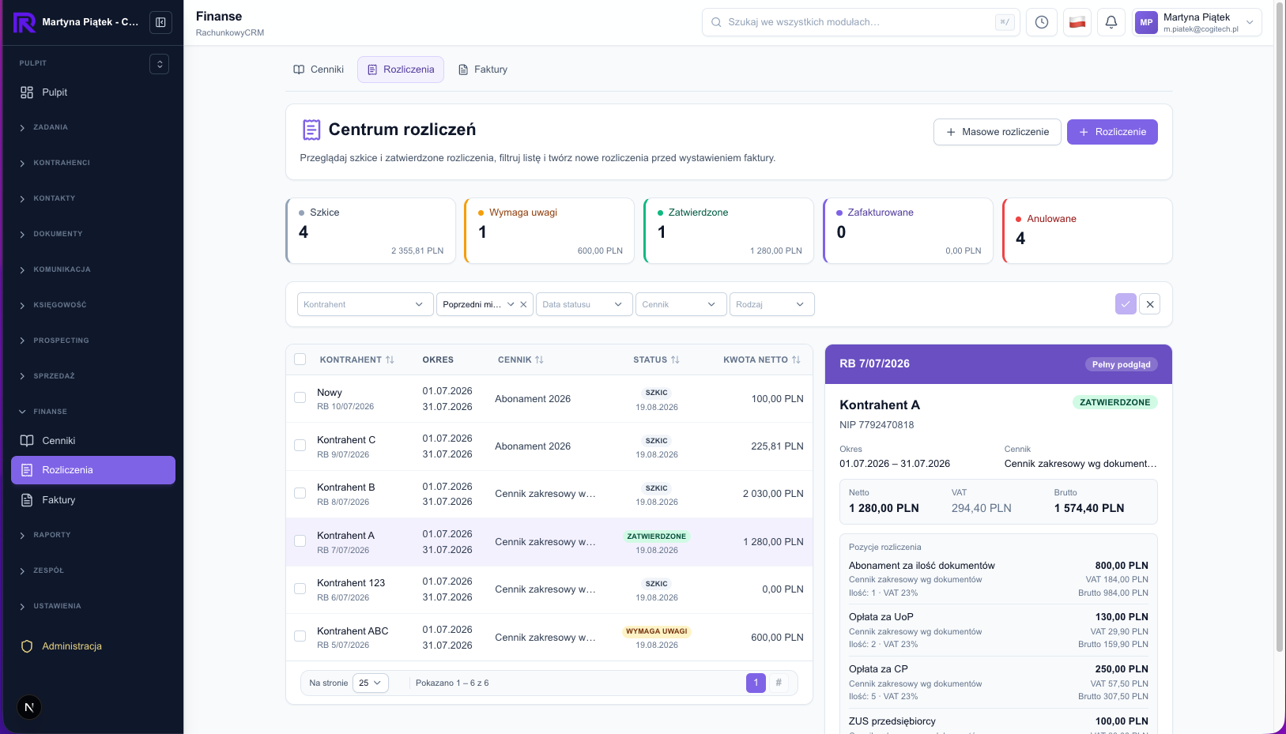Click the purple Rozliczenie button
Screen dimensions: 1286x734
(x=1112, y=132)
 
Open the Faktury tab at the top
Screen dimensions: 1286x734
(x=482, y=70)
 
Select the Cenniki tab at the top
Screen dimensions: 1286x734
(x=319, y=70)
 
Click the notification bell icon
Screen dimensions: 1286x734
(x=1111, y=22)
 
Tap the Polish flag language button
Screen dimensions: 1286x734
(x=1077, y=22)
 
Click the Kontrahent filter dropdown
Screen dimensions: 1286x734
(x=365, y=304)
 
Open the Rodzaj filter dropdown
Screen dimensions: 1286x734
(x=771, y=304)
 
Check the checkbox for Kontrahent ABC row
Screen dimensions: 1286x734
(x=300, y=637)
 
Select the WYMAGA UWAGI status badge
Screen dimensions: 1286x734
(x=656, y=631)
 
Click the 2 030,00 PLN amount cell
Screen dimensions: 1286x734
(x=773, y=494)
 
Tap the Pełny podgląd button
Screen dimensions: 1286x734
(x=1121, y=364)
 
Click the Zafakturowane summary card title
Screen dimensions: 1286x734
(x=880, y=213)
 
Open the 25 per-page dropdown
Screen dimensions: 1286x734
(x=370, y=683)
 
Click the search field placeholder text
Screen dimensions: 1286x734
(x=804, y=22)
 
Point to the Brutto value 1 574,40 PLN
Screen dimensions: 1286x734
(x=1088, y=508)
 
